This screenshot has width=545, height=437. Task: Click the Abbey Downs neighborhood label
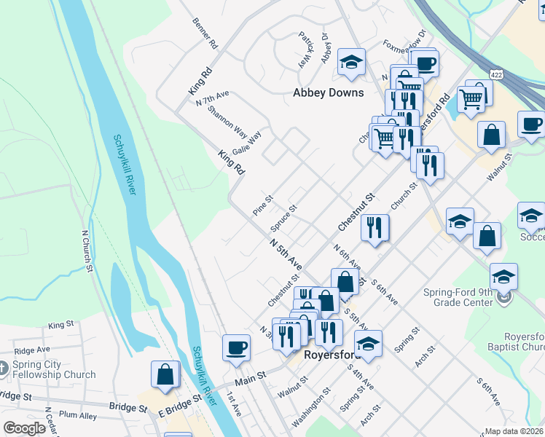tap(328, 92)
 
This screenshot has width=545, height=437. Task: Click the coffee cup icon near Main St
tap(236, 347)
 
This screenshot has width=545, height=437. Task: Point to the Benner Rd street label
tap(204, 34)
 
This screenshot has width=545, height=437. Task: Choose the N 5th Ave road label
tap(285, 252)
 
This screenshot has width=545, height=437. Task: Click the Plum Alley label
tap(79, 416)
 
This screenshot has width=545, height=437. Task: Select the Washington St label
tap(314, 400)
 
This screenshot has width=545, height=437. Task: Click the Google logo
tap(25, 428)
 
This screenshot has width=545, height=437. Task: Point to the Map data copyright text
tap(514, 431)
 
